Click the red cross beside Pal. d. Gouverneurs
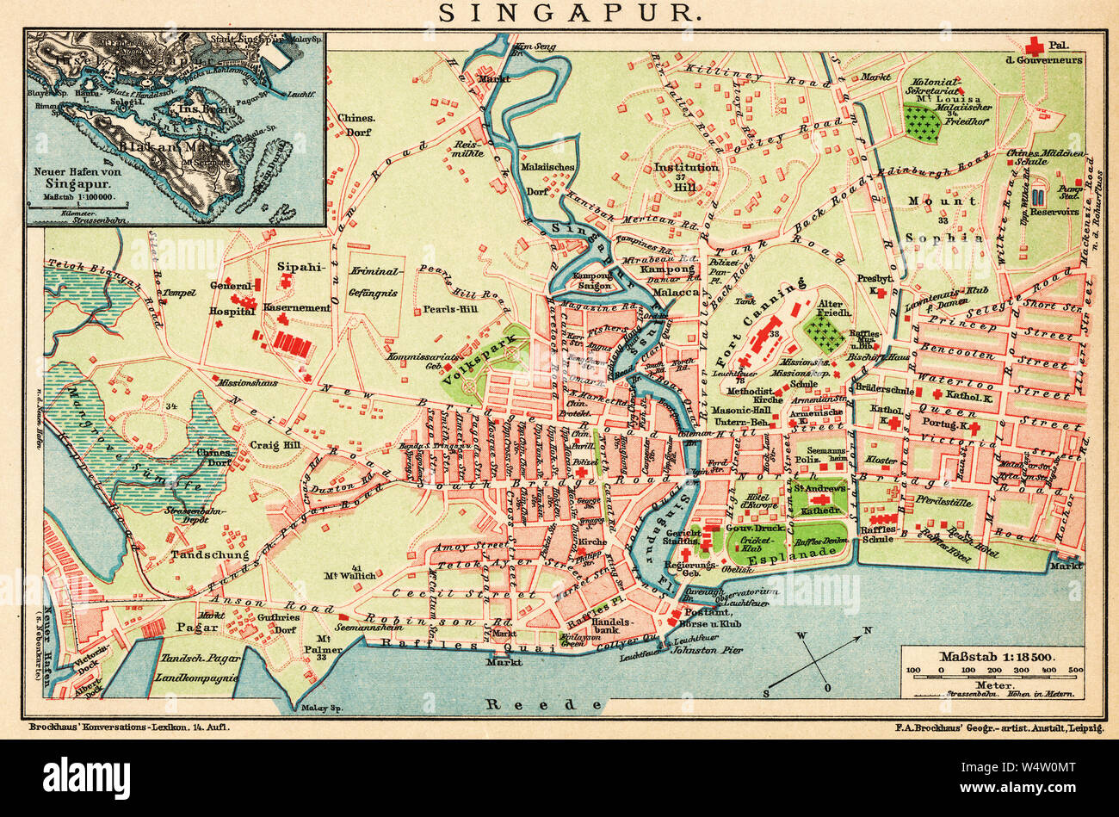click(x=1034, y=45)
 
